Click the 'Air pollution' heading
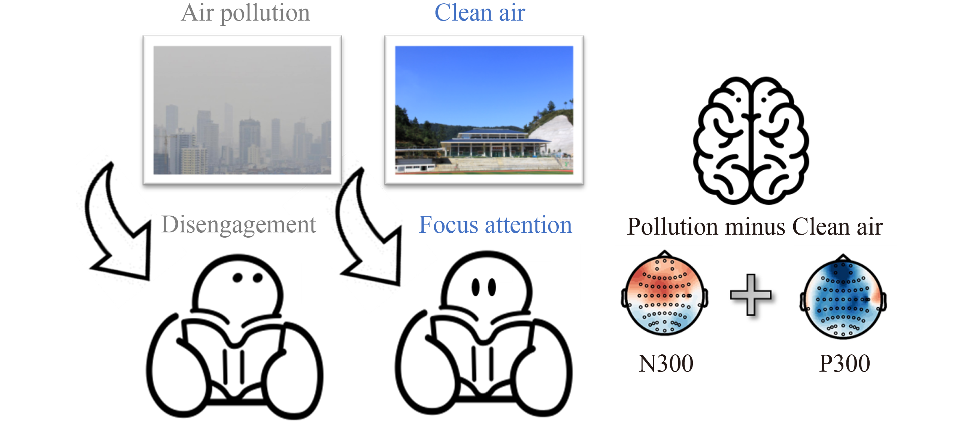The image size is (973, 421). coord(246,13)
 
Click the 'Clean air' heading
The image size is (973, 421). coord(480,13)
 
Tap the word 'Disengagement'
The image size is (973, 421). coord(239,225)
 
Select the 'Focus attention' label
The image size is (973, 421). coord(495,225)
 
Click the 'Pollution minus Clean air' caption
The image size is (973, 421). coord(755,227)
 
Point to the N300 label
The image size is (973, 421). coord(666,364)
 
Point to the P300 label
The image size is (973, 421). coord(845,364)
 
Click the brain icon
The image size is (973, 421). coord(751,140)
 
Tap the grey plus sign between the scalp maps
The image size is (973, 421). coord(751,295)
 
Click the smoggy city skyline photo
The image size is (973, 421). coord(242,110)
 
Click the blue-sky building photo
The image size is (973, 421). coord(484,110)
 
